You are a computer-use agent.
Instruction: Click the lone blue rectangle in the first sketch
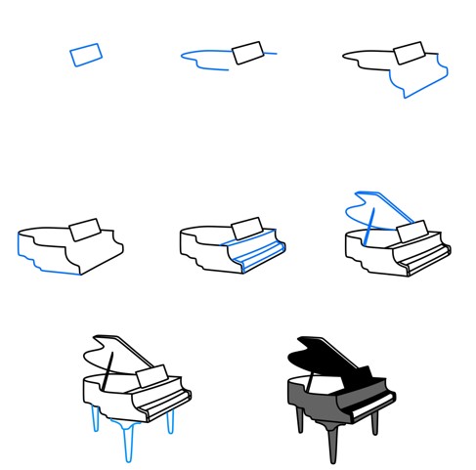pos(85,54)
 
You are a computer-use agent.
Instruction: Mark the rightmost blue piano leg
pos(171,422)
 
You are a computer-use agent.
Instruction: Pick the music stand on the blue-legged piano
pos(152,377)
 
